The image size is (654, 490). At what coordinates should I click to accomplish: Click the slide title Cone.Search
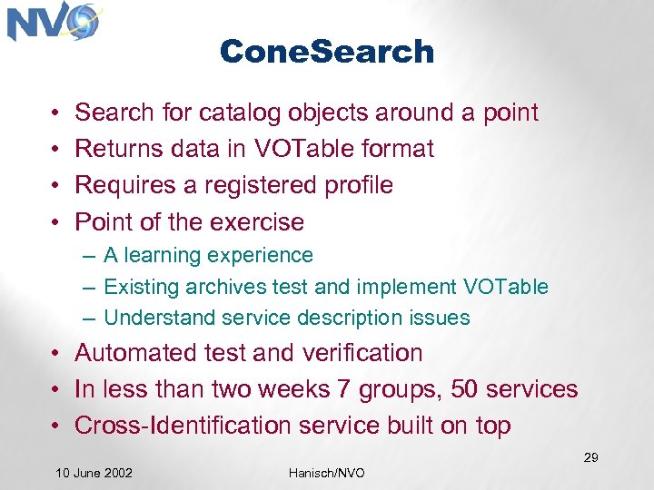(x=327, y=52)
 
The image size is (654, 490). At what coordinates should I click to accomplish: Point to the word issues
(x=440, y=318)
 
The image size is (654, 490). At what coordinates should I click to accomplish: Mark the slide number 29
(x=590, y=457)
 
